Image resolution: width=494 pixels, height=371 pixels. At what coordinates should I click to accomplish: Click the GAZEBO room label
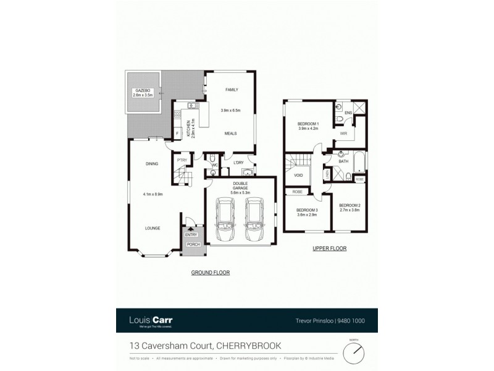pyautogui.click(x=142, y=91)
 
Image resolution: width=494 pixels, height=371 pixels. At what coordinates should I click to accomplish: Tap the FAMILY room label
pyautogui.click(x=231, y=90)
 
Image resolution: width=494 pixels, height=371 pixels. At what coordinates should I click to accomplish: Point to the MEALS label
pyautogui.click(x=230, y=133)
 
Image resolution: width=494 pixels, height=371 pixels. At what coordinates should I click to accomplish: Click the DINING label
pyautogui.click(x=152, y=164)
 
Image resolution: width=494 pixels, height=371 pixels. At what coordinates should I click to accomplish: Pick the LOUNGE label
pyautogui.click(x=153, y=228)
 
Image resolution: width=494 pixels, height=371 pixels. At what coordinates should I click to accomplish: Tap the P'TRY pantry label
pyautogui.click(x=182, y=160)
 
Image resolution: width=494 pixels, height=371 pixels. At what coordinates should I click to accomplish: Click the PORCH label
pyautogui.click(x=191, y=244)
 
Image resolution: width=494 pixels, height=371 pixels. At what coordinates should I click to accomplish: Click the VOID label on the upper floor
pyautogui.click(x=298, y=176)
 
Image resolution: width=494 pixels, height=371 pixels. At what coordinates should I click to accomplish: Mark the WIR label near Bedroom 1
pyautogui.click(x=343, y=134)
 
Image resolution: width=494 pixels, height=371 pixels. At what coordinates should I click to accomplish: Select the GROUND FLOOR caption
pyautogui.click(x=206, y=272)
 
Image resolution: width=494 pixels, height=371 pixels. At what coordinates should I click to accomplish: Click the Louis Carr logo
pyautogui.click(x=151, y=320)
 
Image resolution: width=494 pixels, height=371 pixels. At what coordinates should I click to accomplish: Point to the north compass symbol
pyautogui.click(x=354, y=352)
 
